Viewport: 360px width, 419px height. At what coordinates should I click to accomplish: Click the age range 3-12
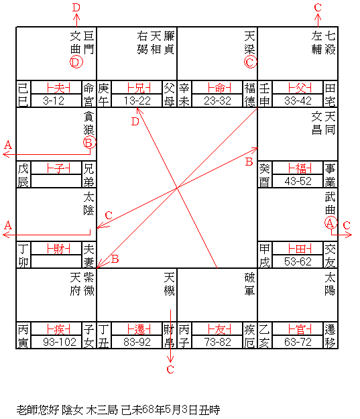(x=54, y=101)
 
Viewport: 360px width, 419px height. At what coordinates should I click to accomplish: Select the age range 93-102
(x=60, y=342)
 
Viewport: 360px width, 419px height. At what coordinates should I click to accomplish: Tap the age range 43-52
(x=298, y=182)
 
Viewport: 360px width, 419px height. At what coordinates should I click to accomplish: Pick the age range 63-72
(x=298, y=342)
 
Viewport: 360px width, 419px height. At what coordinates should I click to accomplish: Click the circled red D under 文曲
(x=76, y=62)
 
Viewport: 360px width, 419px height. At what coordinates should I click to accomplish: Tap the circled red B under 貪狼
(x=89, y=142)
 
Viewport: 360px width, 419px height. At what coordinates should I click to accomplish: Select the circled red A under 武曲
(x=331, y=223)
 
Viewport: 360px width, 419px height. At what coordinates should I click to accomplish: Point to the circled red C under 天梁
(x=250, y=62)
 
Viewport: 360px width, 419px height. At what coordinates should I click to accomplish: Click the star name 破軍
(x=249, y=284)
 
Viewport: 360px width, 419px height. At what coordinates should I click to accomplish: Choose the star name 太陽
(x=330, y=284)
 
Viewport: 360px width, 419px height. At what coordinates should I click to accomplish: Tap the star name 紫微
(x=88, y=284)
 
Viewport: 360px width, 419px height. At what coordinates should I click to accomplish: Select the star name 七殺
(x=330, y=43)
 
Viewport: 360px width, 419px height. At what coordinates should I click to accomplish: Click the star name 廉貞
(x=169, y=43)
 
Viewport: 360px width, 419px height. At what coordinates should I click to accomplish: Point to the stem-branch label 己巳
(x=23, y=95)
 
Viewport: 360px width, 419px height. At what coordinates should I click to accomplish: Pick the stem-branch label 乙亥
(x=264, y=336)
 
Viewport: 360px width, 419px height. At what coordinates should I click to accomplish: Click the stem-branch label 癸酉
(x=264, y=175)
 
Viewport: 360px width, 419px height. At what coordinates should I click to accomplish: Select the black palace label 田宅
(x=330, y=95)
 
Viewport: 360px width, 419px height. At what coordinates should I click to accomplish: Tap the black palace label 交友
(x=330, y=255)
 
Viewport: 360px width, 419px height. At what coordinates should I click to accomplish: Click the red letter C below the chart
(x=170, y=369)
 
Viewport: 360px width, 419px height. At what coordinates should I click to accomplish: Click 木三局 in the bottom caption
(x=102, y=410)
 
